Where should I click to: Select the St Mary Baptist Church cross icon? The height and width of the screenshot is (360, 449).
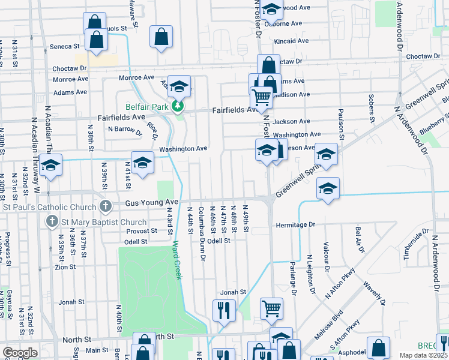pyautogui.click(x=52, y=222)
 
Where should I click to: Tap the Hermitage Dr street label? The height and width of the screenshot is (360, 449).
pyautogui.click(x=295, y=225)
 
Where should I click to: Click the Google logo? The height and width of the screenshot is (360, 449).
pyautogui.click(x=20, y=353)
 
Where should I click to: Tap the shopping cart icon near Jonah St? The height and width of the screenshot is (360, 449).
pyautogui.click(x=271, y=308)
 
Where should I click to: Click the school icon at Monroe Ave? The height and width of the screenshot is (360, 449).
pyautogui.click(x=179, y=86)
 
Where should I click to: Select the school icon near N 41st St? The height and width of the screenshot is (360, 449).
pyautogui.click(x=143, y=162)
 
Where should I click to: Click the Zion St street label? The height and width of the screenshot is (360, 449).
pyautogui.click(x=65, y=267)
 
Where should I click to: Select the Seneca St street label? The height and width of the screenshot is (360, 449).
pyautogui.click(x=68, y=46)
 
